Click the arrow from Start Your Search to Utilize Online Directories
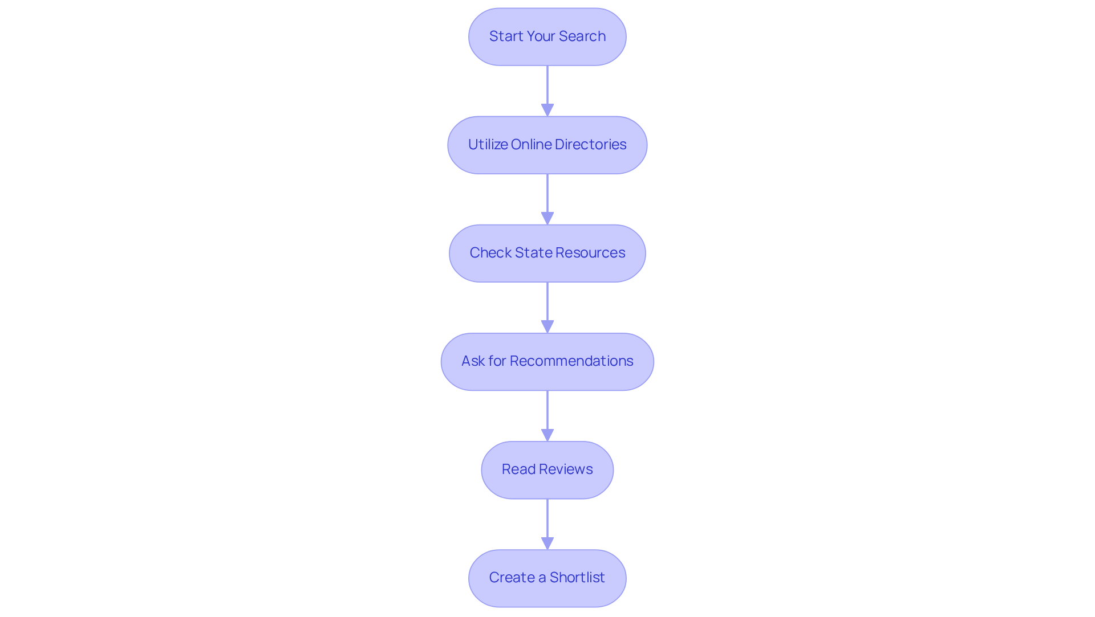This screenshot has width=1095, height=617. pyautogui.click(x=547, y=88)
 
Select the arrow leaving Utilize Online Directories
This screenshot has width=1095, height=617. pyautogui.click(x=547, y=197)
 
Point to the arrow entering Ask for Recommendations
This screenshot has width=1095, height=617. pyautogui.click(x=547, y=305)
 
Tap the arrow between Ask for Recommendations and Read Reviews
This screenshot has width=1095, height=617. pyautogui.click(x=547, y=413)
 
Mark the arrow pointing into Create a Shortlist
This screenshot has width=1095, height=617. pyautogui.click(x=547, y=521)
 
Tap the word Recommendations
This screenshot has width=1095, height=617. pyautogui.click(x=571, y=361)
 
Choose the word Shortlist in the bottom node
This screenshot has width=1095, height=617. pyautogui.click(x=577, y=578)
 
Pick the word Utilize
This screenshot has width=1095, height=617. pyautogui.click(x=488, y=145)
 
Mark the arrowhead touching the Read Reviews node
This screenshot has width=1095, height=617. pyautogui.click(x=547, y=436)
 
